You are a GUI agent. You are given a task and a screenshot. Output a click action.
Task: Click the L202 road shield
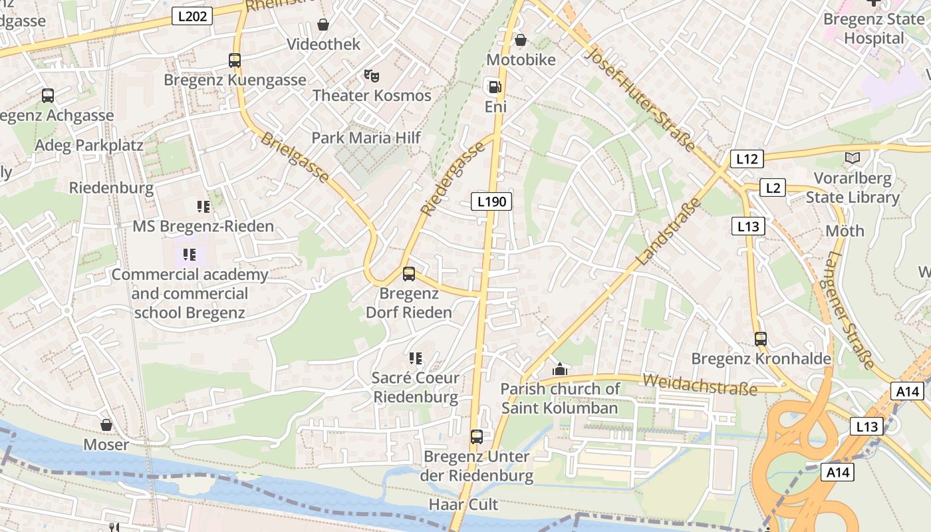point(192,16)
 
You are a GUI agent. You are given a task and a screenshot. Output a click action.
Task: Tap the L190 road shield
point(491,201)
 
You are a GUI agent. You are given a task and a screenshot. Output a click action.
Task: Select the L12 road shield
point(747,159)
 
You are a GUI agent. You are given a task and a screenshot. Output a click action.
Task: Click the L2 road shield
point(772,188)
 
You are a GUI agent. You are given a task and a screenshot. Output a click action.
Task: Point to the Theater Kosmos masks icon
point(372,75)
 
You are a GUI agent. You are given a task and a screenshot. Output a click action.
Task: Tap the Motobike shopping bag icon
point(521,40)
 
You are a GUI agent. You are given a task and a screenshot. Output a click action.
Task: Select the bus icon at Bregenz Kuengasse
point(234,61)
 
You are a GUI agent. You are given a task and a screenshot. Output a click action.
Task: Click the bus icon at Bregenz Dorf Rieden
point(409,273)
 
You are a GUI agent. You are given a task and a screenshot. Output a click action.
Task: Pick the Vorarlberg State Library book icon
point(852,158)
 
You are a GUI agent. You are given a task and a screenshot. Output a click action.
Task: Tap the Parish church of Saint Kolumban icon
point(560,369)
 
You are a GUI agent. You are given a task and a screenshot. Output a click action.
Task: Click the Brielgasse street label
point(295,158)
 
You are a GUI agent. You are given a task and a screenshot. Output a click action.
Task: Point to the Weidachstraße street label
point(700,384)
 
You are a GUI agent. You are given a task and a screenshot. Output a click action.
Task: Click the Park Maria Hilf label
point(366,138)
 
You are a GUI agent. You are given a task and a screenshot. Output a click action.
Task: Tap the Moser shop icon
point(106,424)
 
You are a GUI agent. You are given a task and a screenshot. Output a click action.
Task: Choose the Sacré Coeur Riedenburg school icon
point(416,358)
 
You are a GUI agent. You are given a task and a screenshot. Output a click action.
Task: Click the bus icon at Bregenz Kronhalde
point(761,338)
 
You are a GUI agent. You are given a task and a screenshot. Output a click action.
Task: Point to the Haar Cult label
point(464,504)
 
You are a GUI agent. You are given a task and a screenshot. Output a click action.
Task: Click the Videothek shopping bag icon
point(323,25)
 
